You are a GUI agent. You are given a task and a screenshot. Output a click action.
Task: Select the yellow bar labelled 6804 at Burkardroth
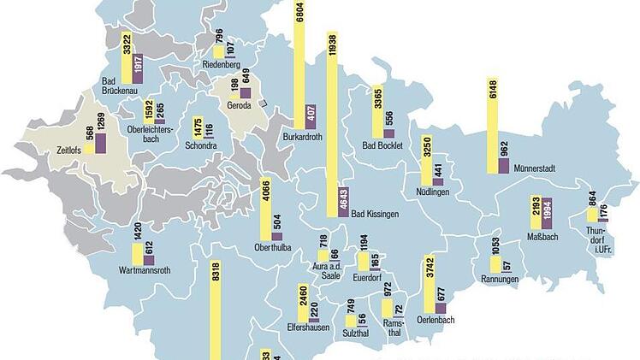[299, 64]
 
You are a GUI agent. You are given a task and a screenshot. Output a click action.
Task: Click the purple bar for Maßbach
[548, 214]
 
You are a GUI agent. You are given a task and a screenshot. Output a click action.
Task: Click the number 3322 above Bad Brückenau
[127, 43]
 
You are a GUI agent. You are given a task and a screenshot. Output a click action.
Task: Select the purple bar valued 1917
[137, 69]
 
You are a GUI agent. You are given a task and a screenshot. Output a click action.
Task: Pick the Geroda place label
[239, 106]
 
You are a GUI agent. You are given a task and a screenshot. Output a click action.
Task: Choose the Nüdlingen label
[433, 192]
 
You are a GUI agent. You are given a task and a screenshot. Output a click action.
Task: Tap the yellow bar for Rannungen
[495, 265]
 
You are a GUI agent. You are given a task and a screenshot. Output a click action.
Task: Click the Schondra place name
[201, 145]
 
